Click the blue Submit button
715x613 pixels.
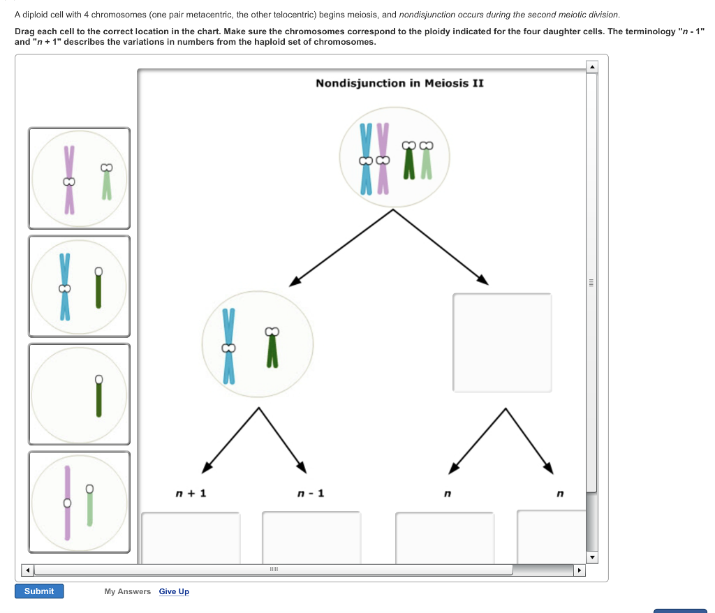tap(39, 591)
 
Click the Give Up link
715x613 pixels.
tap(174, 591)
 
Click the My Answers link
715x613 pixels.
tap(127, 591)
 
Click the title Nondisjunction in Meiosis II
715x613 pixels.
tap(399, 83)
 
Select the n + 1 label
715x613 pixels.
tap(191, 494)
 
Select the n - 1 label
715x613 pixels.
tap(311, 494)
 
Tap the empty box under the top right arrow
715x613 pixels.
tap(502, 342)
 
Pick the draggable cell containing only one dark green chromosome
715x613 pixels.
tap(79, 394)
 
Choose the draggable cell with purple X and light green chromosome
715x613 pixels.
tap(79, 178)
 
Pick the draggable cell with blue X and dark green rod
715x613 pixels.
tap(79, 286)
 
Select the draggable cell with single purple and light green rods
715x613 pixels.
tap(79, 501)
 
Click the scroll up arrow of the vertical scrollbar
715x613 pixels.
tap(591, 67)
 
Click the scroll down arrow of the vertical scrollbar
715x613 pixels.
tap(591, 558)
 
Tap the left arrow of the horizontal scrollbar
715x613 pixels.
tap(28, 570)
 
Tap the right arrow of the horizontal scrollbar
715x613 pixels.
tap(578, 570)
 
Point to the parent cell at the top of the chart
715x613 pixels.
tap(395, 157)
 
